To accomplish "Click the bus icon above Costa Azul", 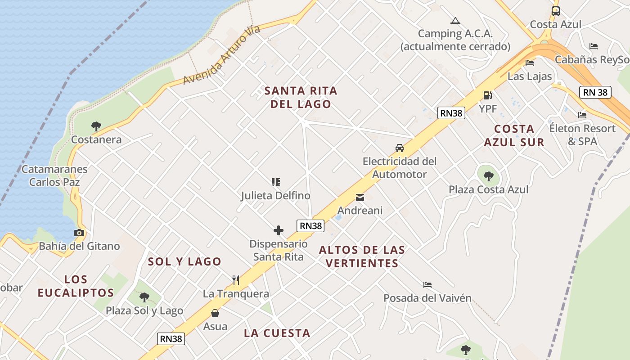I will pyautogui.click(x=556, y=11).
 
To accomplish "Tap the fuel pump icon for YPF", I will pyautogui.click(x=487, y=95).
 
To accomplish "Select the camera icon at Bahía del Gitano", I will pyautogui.click(x=79, y=233).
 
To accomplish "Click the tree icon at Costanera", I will pyautogui.click(x=96, y=126).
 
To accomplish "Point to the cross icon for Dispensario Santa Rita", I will pyautogui.click(x=279, y=230).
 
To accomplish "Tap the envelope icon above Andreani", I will pyautogui.click(x=360, y=197).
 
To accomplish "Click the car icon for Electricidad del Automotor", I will pyautogui.click(x=399, y=148).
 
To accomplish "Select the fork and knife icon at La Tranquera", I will pyautogui.click(x=236, y=280).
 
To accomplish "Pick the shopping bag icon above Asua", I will pyautogui.click(x=215, y=313).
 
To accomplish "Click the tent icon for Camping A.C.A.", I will pyautogui.click(x=455, y=21).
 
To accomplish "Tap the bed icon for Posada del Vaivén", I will pyautogui.click(x=427, y=284).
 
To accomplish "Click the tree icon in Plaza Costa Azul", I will pyautogui.click(x=488, y=176).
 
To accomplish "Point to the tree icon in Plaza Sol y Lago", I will pyautogui.click(x=144, y=297).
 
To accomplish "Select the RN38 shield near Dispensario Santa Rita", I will pyautogui.click(x=310, y=225).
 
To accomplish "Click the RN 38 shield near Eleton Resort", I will pyautogui.click(x=595, y=92).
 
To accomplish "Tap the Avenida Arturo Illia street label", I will pyautogui.click(x=221, y=55).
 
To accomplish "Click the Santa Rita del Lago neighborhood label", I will pyautogui.click(x=301, y=97).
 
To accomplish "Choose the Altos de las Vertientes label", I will pyautogui.click(x=362, y=256).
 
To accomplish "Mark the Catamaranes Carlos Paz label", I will pyautogui.click(x=54, y=175).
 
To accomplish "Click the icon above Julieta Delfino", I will pyautogui.click(x=276, y=182).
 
